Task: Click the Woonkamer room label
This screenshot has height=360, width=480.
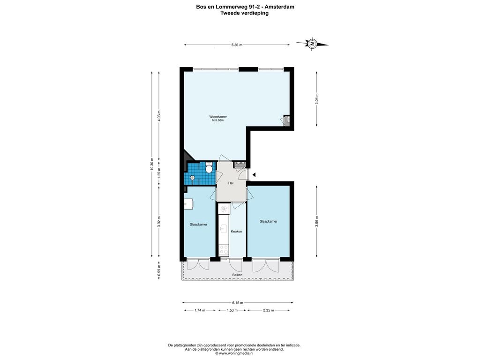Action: tap(218, 117)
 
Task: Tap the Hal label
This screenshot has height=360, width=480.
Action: tap(231, 183)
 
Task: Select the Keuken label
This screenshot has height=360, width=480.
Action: tap(236, 232)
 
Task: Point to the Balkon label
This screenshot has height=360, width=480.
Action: tap(237, 275)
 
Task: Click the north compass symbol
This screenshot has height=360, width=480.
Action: tap(312, 44)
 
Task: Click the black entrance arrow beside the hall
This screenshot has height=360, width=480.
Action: tap(254, 175)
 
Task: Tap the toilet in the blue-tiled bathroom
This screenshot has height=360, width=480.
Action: tap(209, 168)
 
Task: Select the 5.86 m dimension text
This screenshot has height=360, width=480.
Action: tap(237, 45)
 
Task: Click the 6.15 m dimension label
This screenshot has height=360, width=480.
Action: tap(238, 303)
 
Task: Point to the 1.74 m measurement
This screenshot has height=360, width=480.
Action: tap(200, 310)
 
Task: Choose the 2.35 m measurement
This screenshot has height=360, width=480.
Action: tap(269, 310)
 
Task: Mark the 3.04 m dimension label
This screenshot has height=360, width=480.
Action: tap(316, 99)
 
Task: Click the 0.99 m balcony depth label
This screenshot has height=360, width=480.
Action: tap(158, 270)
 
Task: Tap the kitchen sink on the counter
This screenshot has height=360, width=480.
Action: tap(223, 228)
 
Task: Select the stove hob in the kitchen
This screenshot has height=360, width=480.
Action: tap(224, 249)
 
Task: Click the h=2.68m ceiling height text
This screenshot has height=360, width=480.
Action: tap(217, 120)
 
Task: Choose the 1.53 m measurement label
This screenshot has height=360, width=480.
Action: tap(232, 310)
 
